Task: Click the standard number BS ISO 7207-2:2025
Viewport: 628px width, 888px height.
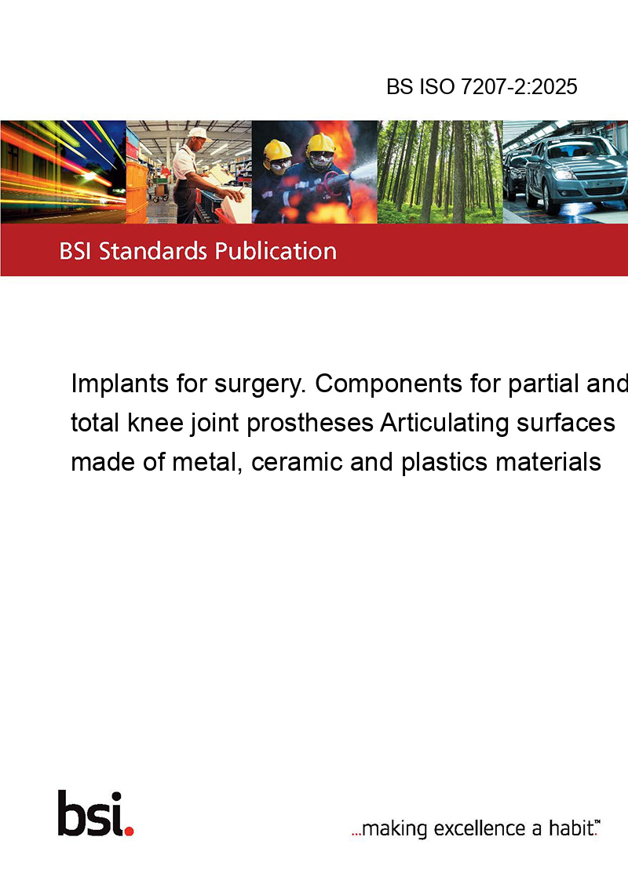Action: pos(482,87)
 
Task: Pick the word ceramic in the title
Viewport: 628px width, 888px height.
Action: pos(297,462)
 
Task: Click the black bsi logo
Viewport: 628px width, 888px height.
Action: pos(91,813)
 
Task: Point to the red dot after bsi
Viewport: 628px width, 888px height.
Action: pos(129,831)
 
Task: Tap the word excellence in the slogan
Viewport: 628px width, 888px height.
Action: pos(480,828)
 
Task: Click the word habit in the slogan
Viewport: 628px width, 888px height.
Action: pos(570,828)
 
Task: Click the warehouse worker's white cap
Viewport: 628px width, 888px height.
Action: pos(199,133)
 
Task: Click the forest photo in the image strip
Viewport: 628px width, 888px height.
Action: pos(440,172)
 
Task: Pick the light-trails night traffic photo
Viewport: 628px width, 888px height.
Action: pos(63,172)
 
